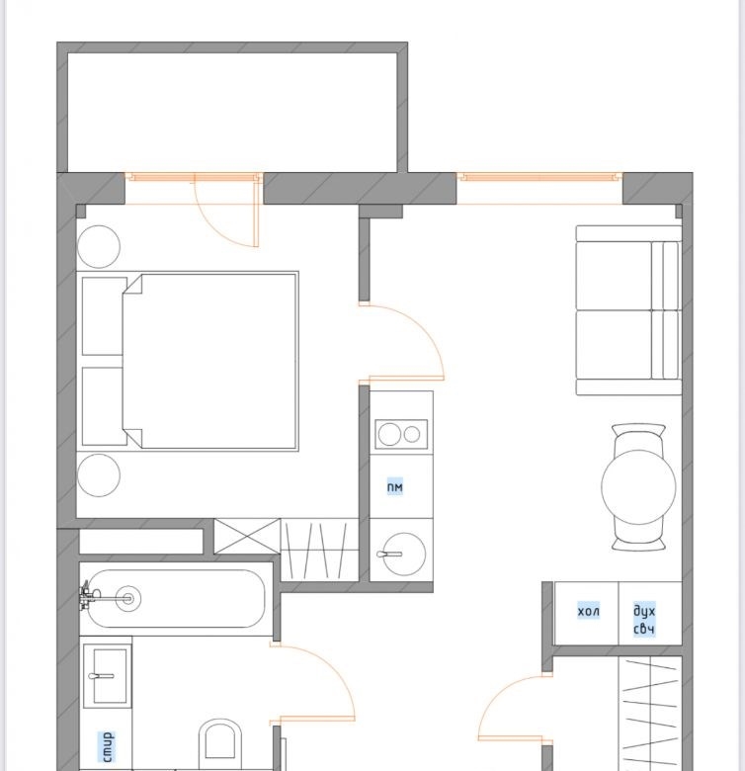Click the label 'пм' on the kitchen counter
(394, 486)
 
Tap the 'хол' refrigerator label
(588, 611)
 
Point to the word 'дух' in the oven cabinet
(644, 612)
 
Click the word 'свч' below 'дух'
(644, 629)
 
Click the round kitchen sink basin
(404, 554)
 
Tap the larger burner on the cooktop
(389, 435)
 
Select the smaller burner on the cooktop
(412, 434)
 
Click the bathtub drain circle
(128, 598)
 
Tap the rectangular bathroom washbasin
(107, 676)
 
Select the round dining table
(638, 485)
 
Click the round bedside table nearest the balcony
(99, 247)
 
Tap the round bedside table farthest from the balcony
(99, 475)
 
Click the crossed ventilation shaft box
(247, 536)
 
